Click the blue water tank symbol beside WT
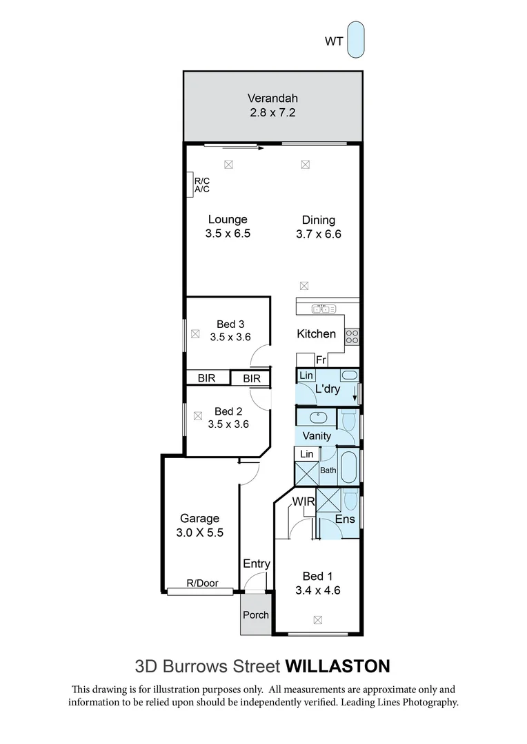356,40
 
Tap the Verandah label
272,98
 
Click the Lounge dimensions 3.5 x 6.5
228,234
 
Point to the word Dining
318,220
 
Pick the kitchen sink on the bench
322,309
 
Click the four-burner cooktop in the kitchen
352,336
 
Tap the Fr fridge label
321,360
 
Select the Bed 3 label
230,324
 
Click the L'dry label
327,389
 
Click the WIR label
304,501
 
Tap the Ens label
345,519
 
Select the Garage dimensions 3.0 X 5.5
200,533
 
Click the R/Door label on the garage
202,583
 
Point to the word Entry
256,564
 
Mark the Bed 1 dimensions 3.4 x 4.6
318,590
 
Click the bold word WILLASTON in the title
337,666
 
